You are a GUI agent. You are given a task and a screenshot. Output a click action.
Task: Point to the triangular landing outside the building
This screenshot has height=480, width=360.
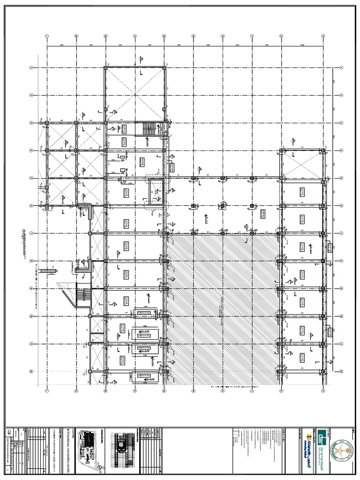click(x=66, y=293)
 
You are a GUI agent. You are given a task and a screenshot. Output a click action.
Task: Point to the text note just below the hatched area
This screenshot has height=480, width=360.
click(x=234, y=387)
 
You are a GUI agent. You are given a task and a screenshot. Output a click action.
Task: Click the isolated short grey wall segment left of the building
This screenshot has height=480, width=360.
click(x=47, y=270)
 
